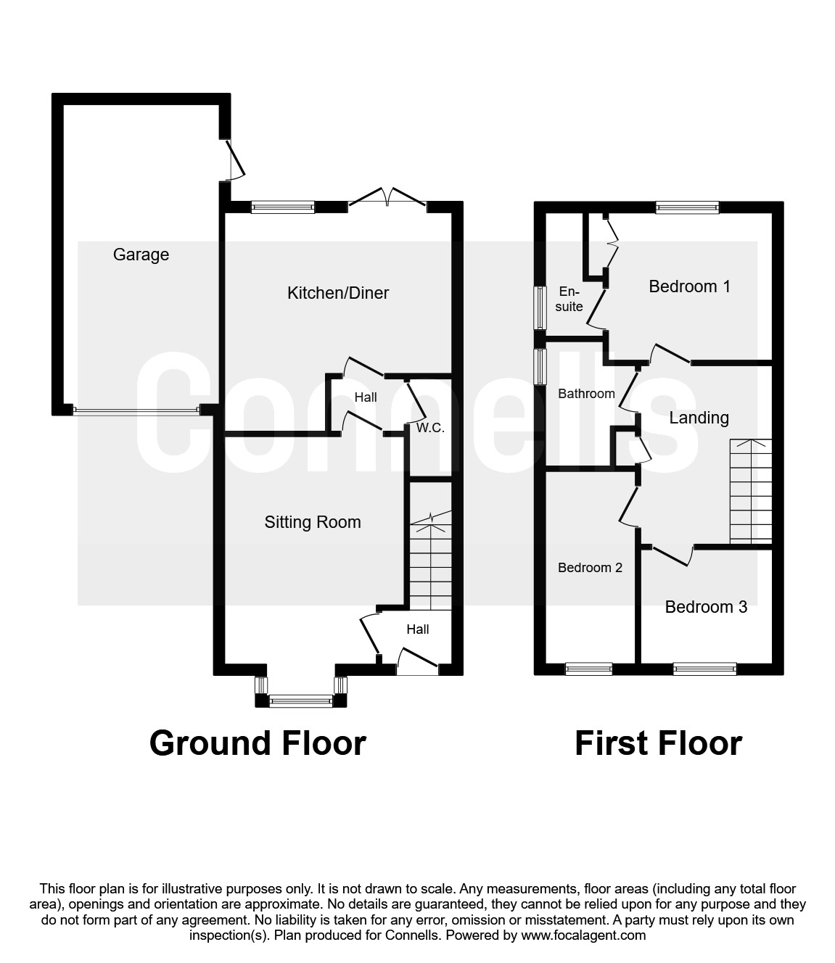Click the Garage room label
click(141, 255)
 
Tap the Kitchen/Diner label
click(338, 293)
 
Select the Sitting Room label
click(313, 522)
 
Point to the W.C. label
click(430, 428)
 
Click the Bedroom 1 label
click(689, 286)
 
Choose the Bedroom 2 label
click(590, 568)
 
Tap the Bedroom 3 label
click(706, 607)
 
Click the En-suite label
click(569, 299)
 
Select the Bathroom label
click(586, 394)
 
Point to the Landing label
click(699, 418)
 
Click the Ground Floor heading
click(258, 743)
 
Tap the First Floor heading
click(658, 743)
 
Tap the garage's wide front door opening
click(136, 411)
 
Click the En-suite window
click(540, 308)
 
